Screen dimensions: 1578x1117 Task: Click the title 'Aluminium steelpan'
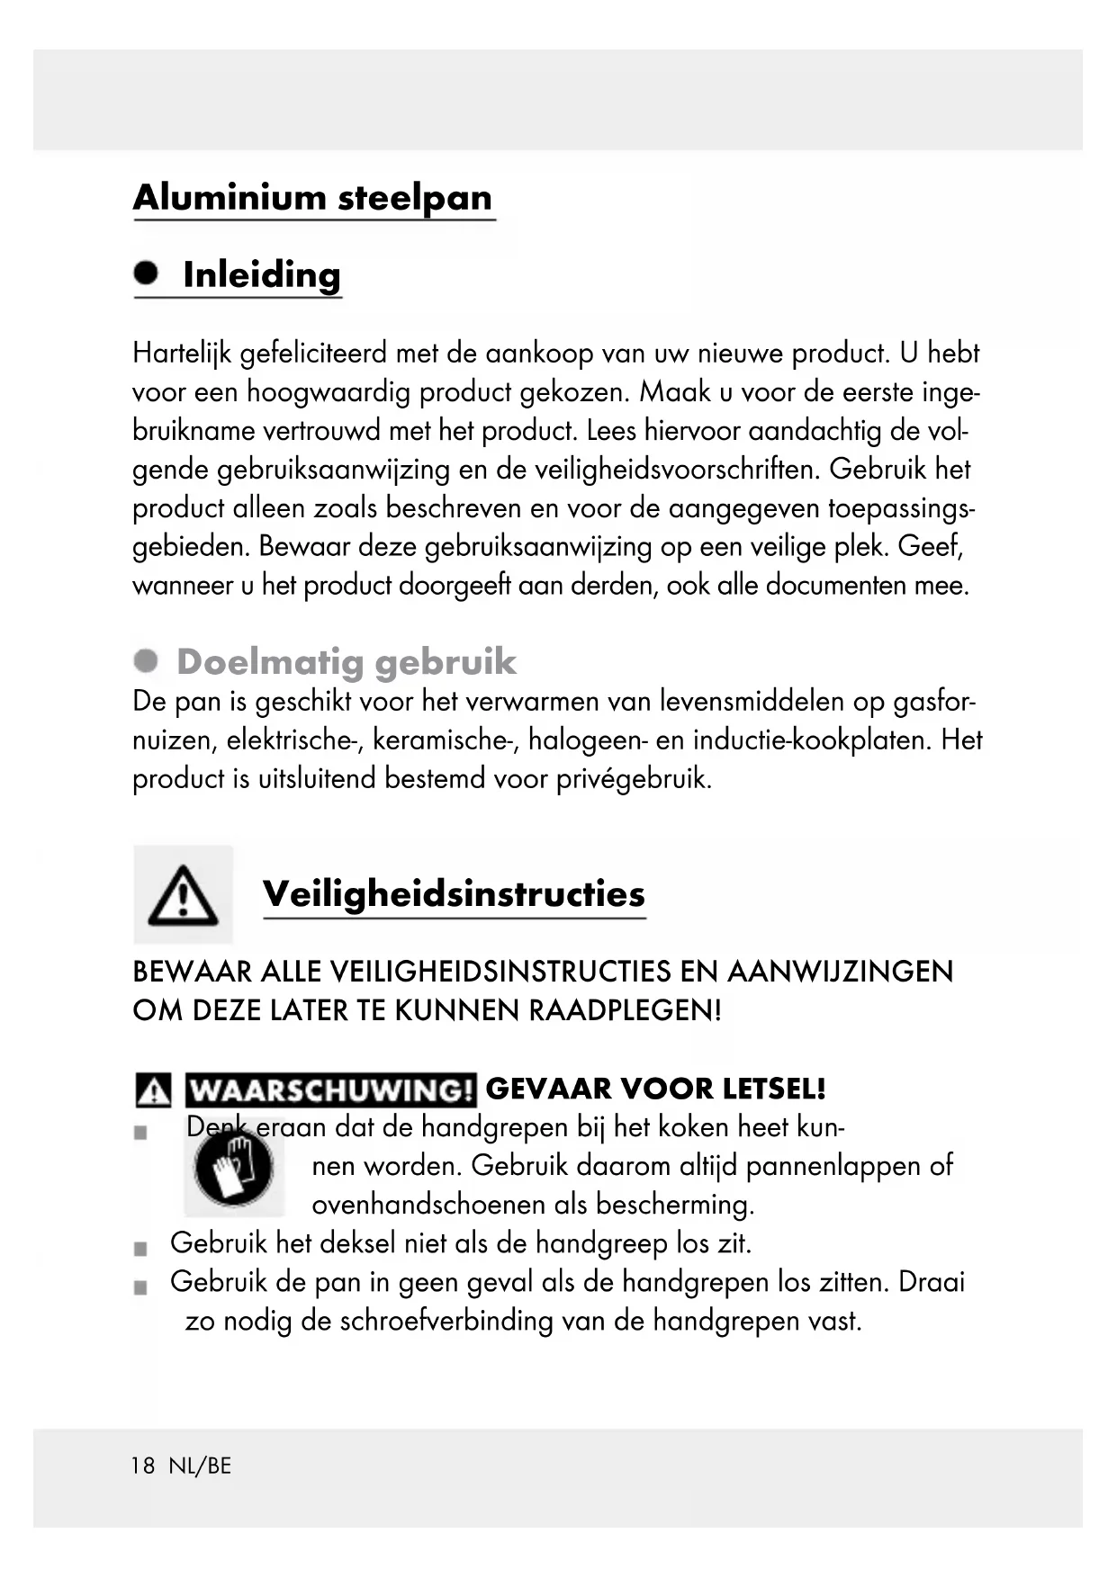coord(312,197)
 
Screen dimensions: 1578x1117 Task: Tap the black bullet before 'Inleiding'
coord(146,272)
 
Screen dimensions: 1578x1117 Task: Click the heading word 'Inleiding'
coord(262,274)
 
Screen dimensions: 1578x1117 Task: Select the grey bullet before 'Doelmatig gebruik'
coord(146,661)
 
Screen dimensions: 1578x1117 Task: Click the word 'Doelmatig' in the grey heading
coord(271,662)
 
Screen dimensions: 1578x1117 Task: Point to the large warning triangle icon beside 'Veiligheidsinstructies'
coord(183,895)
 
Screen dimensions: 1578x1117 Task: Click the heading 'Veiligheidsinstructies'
coord(454,893)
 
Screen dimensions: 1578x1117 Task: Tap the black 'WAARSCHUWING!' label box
coord(330,1089)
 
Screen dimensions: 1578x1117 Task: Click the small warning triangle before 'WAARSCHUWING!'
coord(153,1090)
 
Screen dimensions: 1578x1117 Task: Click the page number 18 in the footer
coord(143,1466)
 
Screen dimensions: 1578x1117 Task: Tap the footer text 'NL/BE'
coord(200,1466)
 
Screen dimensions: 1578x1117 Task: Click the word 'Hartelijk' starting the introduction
coord(182,353)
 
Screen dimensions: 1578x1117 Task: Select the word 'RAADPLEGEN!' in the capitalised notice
coord(625,1010)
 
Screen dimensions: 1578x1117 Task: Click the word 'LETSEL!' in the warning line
coord(774,1089)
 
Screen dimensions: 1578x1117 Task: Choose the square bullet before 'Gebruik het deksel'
coord(140,1249)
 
